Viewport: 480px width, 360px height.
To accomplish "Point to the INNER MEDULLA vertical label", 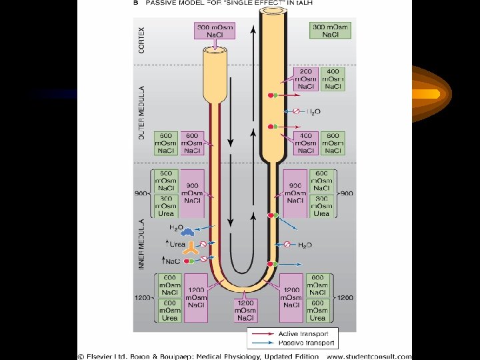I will click(141, 244).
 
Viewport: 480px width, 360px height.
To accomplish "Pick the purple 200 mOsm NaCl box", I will click(306, 79).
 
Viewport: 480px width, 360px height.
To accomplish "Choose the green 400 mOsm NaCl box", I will click(333, 79).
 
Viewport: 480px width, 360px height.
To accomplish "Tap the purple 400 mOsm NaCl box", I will click(306, 143).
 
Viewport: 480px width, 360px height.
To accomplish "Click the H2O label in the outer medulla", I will click(313, 111).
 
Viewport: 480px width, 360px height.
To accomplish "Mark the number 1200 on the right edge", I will click(345, 297).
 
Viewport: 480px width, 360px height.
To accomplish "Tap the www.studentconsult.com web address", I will click(369, 356).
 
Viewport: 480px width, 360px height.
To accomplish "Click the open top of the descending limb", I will click(217, 51).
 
